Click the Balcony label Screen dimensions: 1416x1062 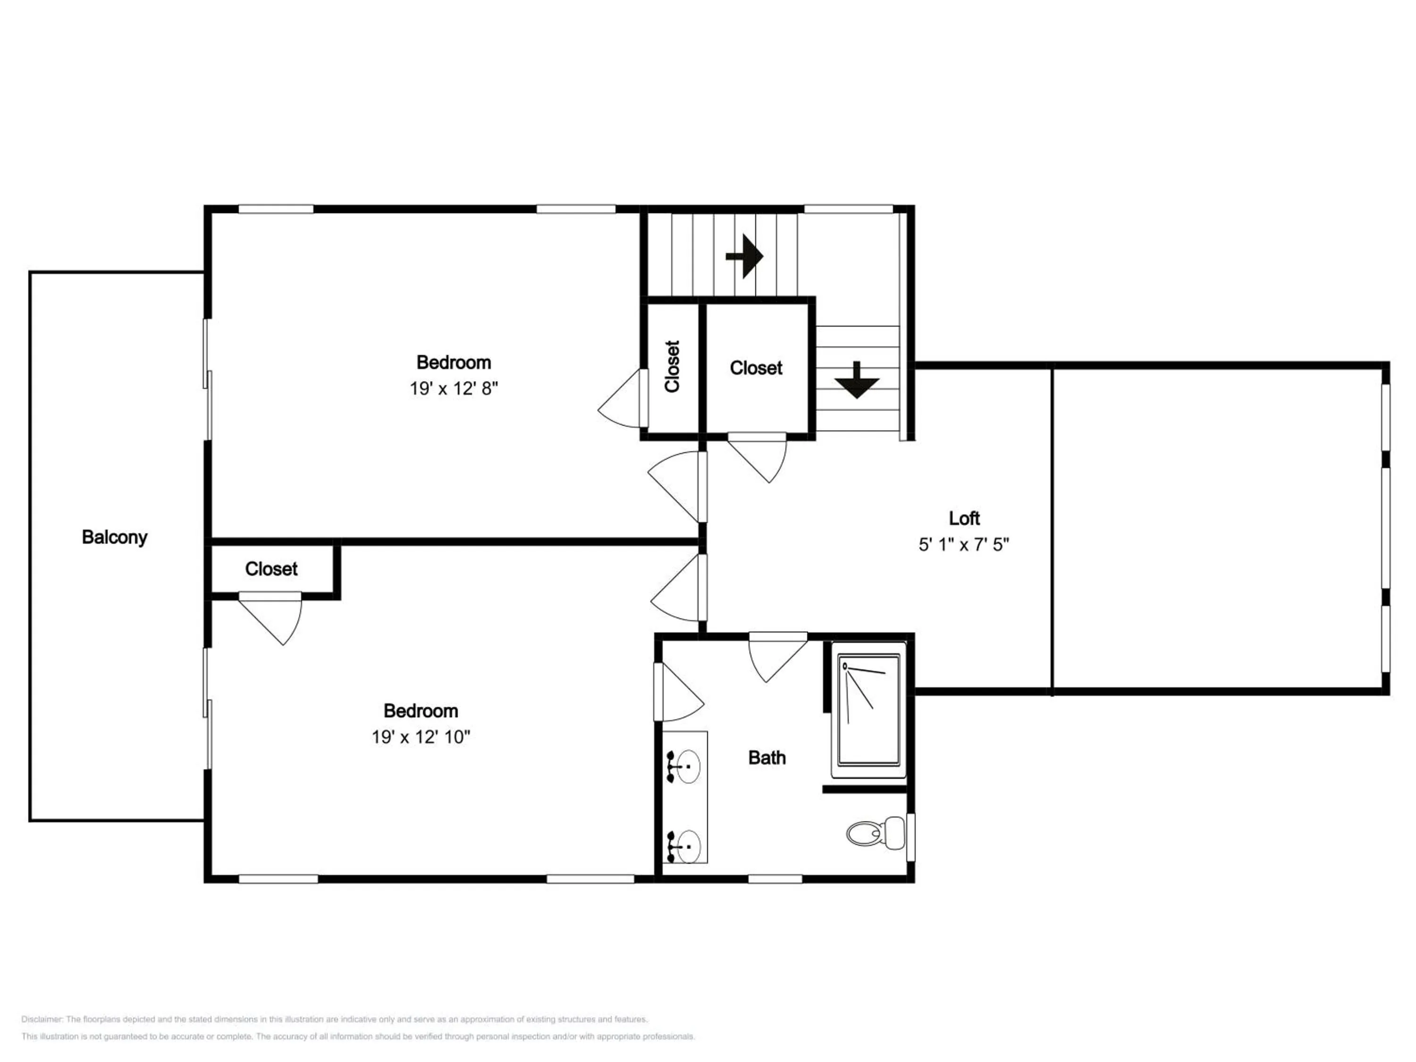pyautogui.click(x=115, y=537)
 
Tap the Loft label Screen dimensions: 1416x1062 pyautogui.click(x=964, y=518)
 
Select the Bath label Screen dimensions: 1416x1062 pyautogui.click(x=767, y=758)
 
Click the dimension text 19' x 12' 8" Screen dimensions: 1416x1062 pyautogui.click(x=454, y=388)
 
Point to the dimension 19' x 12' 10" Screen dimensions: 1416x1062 pyautogui.click(x=421, y=737)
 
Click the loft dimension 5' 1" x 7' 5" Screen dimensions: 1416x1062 pyautogui.click(x=964, y=544)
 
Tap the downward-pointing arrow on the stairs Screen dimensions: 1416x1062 pyautogui.click(x=857, y=380)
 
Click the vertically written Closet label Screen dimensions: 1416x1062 pyautogui.click(x=672, y=367)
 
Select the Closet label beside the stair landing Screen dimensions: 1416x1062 pyautogui.click(x=756, y=368)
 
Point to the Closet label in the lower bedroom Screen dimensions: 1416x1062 pyautogui.click(x=271, y=569)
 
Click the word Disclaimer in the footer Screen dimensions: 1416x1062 pyautogui.click(x=42, y=1019)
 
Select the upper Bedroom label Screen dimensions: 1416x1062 pyautogui.click(x=454, y=362)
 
